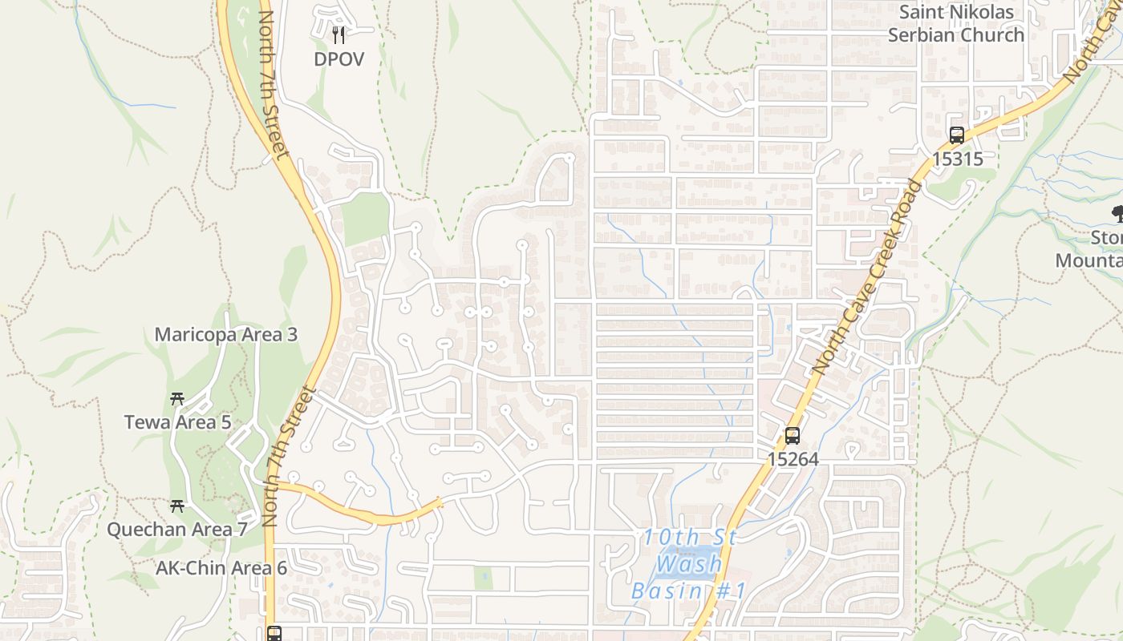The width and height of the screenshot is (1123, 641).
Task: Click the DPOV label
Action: pos(339,59)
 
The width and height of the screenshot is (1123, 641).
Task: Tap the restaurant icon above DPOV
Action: pos(339,34)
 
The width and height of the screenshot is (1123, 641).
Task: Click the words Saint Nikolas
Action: pos(956,13)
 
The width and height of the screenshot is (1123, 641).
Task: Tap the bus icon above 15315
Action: pos(956,135)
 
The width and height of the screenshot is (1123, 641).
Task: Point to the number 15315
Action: pos(957,159)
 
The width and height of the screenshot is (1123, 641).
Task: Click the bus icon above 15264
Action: pos(793,436)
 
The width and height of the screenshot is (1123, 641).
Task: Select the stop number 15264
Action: pos(793,459)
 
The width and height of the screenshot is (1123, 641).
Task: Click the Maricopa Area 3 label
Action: pos(226,335)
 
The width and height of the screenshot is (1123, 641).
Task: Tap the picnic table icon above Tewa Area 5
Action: pos(177,398)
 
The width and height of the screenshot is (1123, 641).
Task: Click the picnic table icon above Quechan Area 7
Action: pos(177,506)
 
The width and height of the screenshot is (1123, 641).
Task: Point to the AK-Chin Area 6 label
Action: pos(221,568)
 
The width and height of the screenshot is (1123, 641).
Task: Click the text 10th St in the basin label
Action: pos(690,538)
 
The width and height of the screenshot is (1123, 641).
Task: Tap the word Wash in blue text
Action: pos(688,564)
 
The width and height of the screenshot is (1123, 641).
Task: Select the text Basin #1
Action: pos(688,592)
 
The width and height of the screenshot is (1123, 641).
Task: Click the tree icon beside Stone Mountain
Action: pos(1117,213)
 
